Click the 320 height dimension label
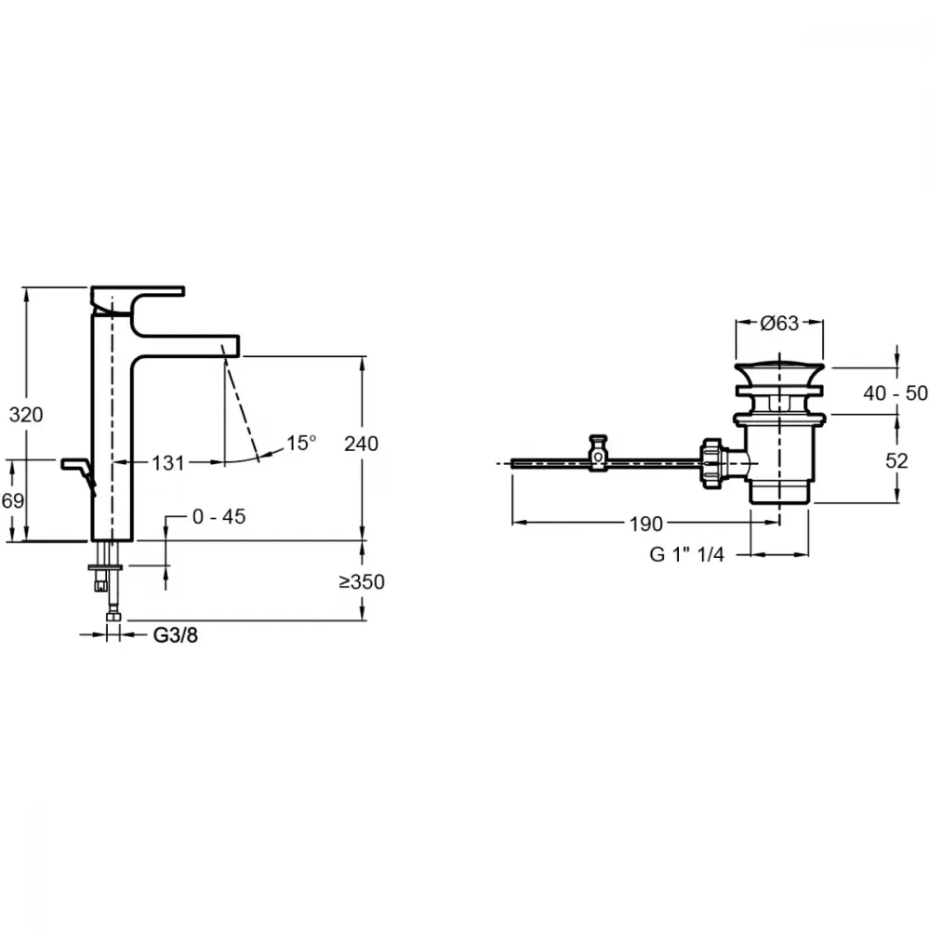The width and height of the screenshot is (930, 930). (x=26, y=415)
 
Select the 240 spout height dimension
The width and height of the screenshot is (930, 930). (x=361, y=444)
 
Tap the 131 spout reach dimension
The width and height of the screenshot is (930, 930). (x=167, y=462)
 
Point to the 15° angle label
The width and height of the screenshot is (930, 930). (x=302, y=443)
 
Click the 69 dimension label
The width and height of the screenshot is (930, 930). (x=12, y=501)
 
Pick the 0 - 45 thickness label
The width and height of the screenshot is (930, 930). (x=219, y=516)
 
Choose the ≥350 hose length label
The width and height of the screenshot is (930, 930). (x=362, y=582)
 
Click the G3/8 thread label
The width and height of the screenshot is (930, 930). (x=176, y=635)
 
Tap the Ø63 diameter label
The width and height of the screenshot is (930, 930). (x=779, y=324)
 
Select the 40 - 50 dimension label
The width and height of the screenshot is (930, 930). (x=895, y=392)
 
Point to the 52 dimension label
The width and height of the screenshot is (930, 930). (x=897, y=461)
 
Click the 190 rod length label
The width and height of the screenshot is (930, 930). (x=646, y=524)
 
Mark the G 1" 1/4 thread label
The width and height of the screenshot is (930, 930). (x=687, y=554)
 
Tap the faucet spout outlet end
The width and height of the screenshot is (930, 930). (x=232, y=346)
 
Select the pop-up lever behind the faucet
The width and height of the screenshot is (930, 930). (x=78, y=472)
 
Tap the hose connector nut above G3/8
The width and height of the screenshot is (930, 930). (x=113, y=617)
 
